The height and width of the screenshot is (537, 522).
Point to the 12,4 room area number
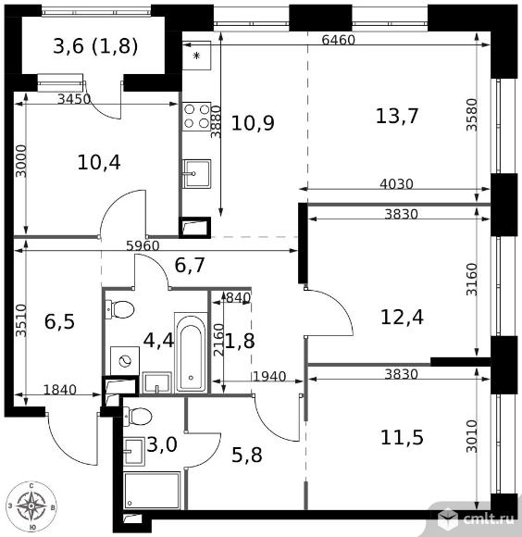[x=404, y=318]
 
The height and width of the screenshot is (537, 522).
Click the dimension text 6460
[x=339, y=41]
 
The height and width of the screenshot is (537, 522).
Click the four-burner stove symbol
[x=196, y=116]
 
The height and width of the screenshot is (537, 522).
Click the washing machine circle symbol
[x=121, y=358]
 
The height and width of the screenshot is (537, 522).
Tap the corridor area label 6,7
[x=190, y=268]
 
